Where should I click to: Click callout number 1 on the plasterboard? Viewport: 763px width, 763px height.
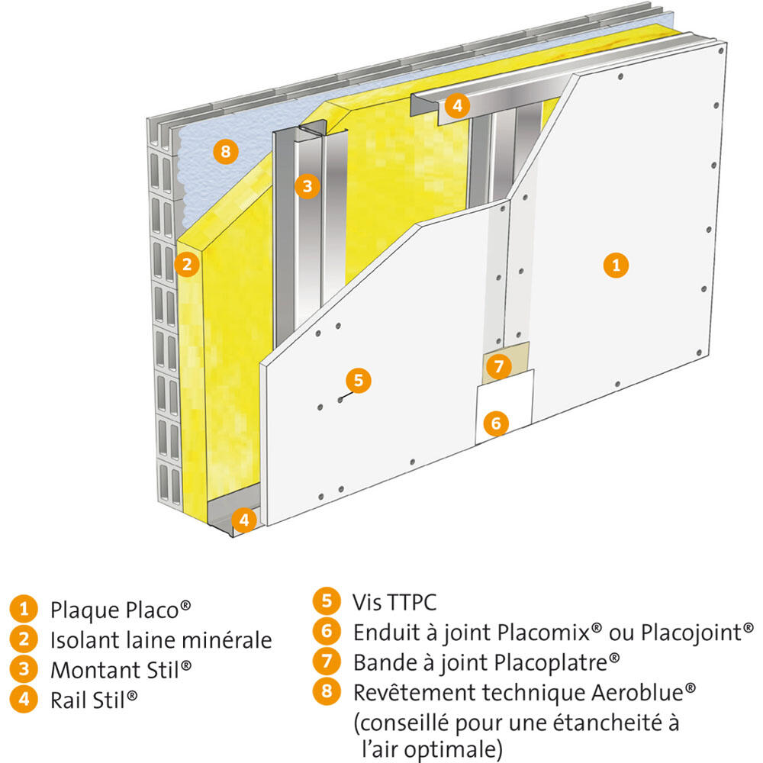616,266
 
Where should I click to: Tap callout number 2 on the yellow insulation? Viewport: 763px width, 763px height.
186,265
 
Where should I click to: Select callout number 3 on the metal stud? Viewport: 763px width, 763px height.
307,185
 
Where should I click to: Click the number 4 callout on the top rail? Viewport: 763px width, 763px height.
456,105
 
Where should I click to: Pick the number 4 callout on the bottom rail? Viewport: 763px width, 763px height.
244,521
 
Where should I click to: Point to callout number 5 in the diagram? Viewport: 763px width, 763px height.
359,379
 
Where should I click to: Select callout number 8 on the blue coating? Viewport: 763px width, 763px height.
224,152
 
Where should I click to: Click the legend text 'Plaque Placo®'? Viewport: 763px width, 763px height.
120,610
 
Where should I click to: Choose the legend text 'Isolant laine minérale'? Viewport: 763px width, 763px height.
161,640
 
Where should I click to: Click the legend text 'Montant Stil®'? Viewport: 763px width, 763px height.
121,670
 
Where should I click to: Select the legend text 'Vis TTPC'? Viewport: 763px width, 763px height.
394,603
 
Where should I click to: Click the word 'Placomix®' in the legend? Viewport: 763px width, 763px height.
550,633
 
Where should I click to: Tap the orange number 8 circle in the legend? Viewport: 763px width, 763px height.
327,691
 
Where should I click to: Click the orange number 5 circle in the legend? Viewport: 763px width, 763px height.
327,601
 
